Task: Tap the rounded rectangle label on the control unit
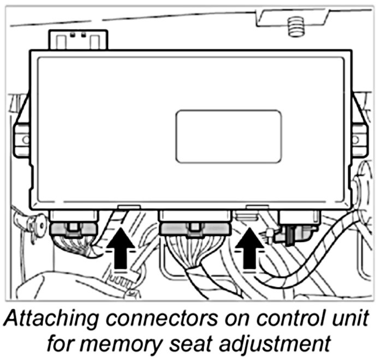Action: (229, 137)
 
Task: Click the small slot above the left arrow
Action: (128, 208)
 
